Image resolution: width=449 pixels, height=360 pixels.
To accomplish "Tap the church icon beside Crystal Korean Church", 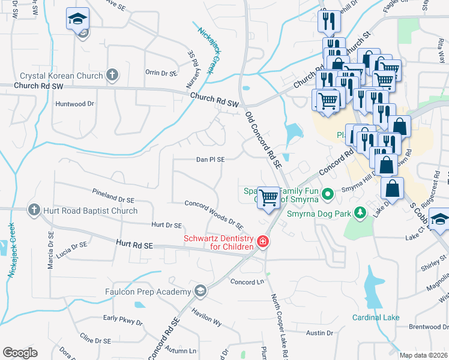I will [x=111, y=75].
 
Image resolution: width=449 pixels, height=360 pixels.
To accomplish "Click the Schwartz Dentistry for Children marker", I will [x=262, y=242].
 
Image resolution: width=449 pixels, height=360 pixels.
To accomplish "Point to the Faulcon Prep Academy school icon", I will [x=200, y=292].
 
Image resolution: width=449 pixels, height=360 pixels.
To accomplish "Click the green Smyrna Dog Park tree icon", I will [x=360, y=212].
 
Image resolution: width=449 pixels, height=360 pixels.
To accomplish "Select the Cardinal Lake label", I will [x=375, y=317].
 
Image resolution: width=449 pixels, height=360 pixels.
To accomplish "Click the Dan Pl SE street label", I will [x=210, y=160].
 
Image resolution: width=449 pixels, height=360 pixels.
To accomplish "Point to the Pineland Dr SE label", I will [x=113, y=196].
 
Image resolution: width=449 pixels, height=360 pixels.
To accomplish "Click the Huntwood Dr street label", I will [x=75, y=103].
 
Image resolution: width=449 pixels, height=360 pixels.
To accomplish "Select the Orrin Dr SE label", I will [x=161, y=73].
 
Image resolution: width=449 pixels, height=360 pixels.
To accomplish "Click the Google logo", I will [x=20, y=353].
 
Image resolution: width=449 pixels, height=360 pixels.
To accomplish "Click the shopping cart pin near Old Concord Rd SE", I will [x=269, y=197].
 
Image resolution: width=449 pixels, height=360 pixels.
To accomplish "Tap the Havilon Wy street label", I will [x=206, y=317].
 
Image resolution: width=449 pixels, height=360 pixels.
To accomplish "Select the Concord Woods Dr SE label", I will [x=213, y=215].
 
